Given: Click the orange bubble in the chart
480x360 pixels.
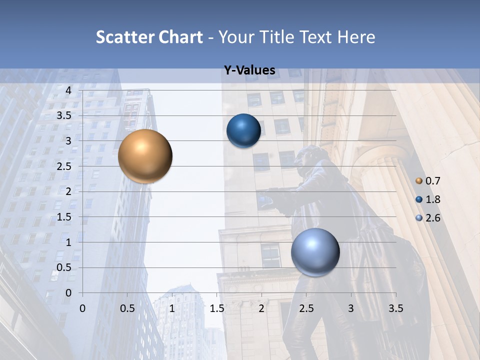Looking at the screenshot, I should tap(145, 156).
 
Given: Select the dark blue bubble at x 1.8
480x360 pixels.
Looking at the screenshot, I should tap(243, 131).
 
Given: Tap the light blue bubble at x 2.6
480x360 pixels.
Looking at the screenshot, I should tap(315, 252).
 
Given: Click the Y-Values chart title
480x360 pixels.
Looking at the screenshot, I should tap(249, 71).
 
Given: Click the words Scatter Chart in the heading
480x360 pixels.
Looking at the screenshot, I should tap(149, 37).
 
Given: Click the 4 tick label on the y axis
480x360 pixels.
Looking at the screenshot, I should tap(68, 90).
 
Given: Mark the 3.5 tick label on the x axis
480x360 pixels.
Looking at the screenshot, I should tap(395, 307).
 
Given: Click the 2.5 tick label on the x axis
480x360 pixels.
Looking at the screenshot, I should tap(306, 307).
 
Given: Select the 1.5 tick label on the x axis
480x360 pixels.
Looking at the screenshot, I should tap(216, 307).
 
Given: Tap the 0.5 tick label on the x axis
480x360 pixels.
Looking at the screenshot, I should tap(127, 307).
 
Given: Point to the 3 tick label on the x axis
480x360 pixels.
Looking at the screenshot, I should tap(351, 307).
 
